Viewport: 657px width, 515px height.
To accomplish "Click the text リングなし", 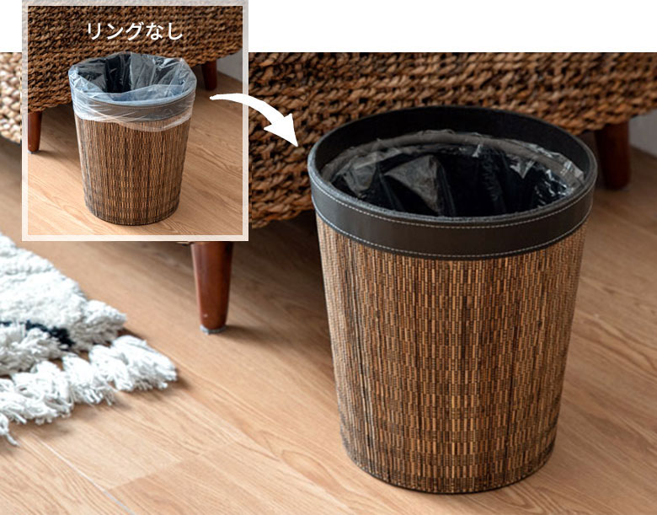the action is point(135,30).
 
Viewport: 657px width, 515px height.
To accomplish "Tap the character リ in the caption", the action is point(94,31).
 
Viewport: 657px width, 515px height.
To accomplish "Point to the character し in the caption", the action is point(176,31).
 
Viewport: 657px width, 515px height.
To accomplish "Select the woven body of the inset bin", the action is point(132,172).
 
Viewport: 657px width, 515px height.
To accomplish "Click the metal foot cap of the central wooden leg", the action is point(212,330).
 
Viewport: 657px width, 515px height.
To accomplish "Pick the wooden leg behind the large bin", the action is point(614,155).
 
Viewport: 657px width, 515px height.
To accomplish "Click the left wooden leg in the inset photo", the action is point(35,131).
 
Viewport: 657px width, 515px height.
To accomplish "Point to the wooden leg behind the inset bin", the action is point(210,76).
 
